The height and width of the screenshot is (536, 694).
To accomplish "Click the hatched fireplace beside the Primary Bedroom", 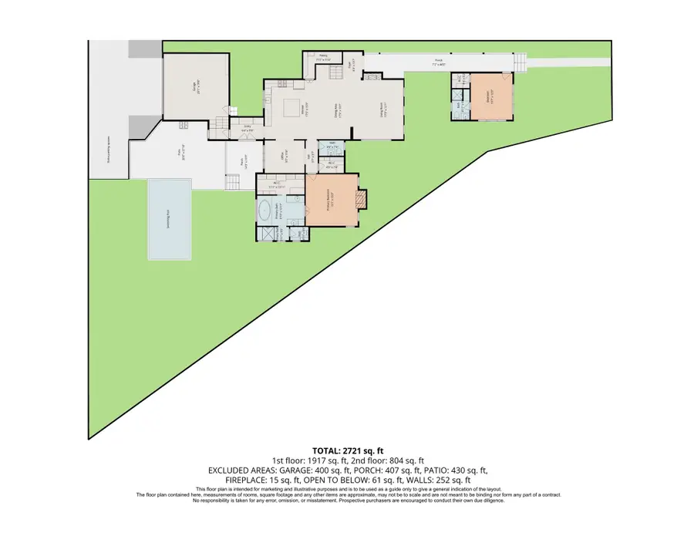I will click(363, 201).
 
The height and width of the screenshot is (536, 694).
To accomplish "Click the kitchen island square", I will click(292, 106).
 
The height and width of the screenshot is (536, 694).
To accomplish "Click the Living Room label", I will click(382, 110).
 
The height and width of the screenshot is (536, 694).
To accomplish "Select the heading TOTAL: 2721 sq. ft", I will click(347, 450).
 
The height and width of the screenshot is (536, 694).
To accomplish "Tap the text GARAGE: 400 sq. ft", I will click(315, 470).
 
